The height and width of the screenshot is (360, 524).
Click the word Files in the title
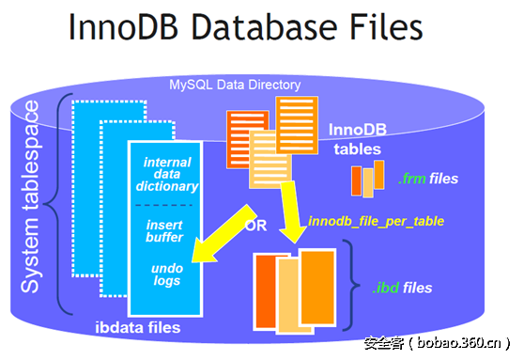coord(378,29)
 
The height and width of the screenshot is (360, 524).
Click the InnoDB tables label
coord(358,139)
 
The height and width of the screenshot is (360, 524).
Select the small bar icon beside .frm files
coord(368,178)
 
